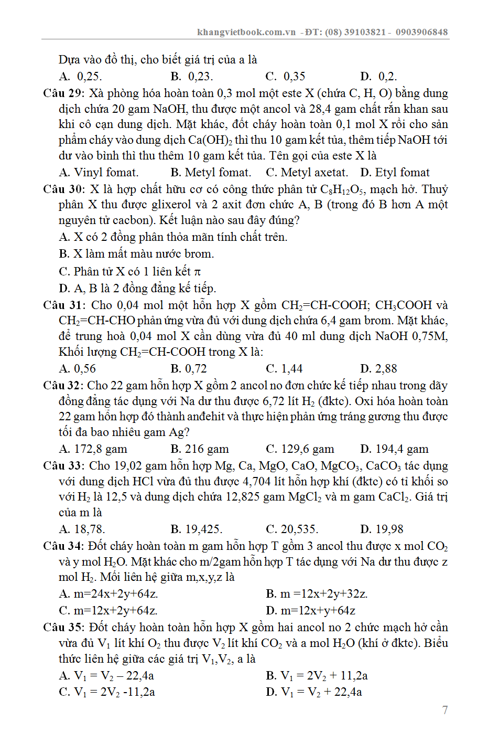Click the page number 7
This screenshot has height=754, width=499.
pyautogui.click(x=445, y=710)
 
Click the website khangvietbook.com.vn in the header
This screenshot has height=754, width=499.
pyautogui.click(x=246, y=32)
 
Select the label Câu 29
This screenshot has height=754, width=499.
pyautogui.click(x=63, y=93)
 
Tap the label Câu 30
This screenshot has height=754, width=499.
pyautogui.click(x=63, y=189)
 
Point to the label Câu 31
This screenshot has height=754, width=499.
pyautogui.click(x=63, y=305)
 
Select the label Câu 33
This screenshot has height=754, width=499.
pyautogui.click(x=63, y=466)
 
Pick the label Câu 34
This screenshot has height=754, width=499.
pyautogui.click(x=63, y=546)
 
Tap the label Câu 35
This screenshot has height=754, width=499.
pyautogui.click(x=63, y=628)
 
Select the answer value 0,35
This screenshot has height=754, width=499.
pyautogui.click(x=294, y=77)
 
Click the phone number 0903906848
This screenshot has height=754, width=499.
pyautogui.click(x=421, y=32)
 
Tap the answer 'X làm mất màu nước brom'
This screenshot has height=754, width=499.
pyautogui.click(x=143, y=254)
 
